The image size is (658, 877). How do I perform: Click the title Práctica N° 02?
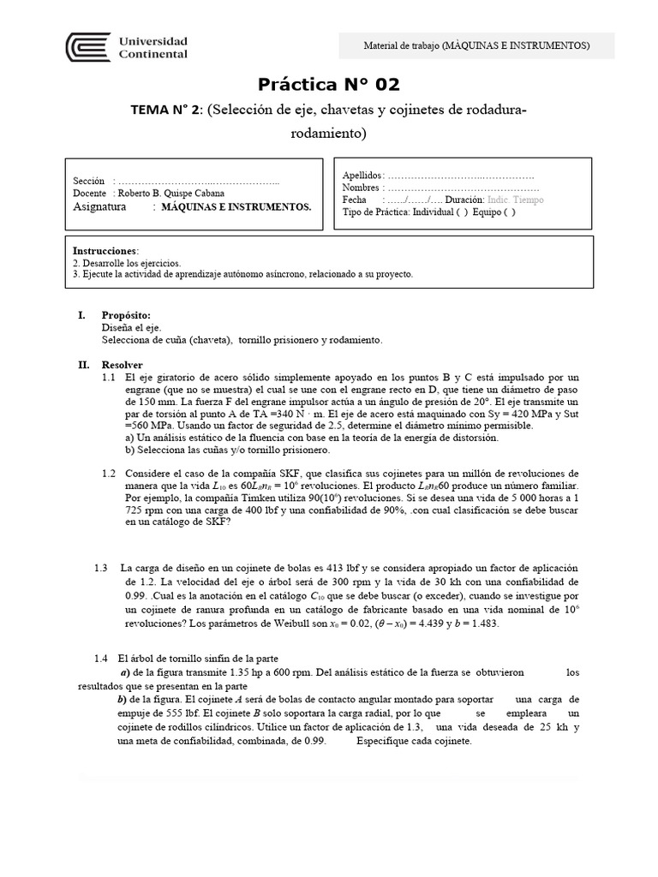click(329, 84)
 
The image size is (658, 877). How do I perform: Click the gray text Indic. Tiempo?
click(515, 200)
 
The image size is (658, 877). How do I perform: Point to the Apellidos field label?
click(363, 175)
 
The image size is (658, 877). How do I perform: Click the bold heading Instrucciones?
click(105, 250)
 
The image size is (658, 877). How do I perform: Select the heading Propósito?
click(126, 315)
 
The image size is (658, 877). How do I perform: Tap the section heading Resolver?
click(123, 364)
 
